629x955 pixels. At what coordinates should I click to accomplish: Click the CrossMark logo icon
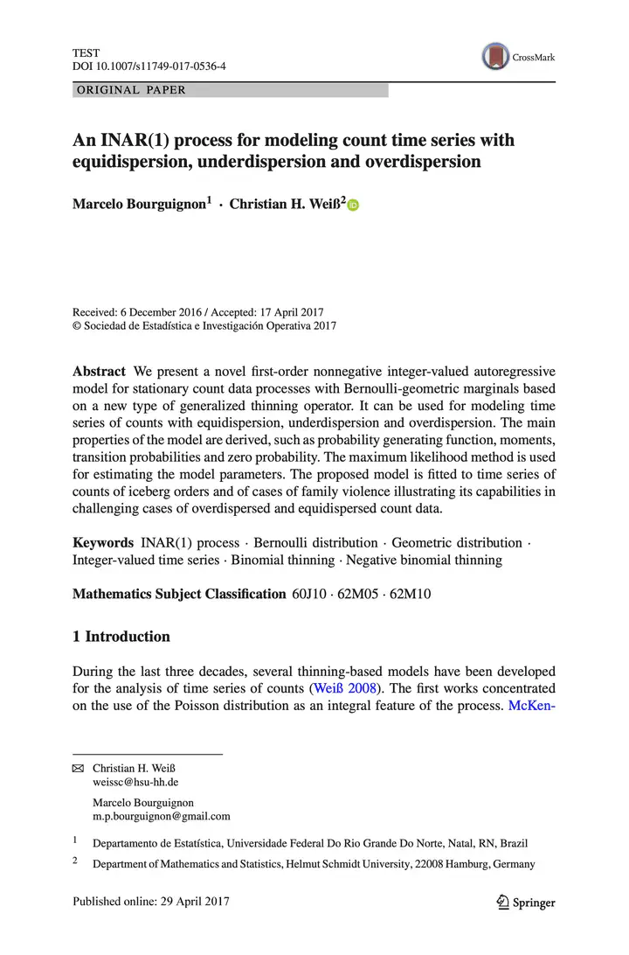click(x=496, y=57)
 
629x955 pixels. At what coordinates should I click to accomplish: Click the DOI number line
click(x=149, y=66)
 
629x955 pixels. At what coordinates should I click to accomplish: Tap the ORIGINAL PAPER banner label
click(x=132, y=90)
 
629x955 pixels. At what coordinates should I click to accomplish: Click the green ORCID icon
click(x=353, y=206)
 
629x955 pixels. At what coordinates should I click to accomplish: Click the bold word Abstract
click(x=99, y=371)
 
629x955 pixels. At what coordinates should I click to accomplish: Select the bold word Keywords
click(x=102, y=543)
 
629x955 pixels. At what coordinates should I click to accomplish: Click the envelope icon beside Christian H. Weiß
click(x=78, y=767)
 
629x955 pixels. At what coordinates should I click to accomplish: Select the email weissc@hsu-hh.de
click(x=135, y=782)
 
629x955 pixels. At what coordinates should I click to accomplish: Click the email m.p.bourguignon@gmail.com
click(x=161, y=816)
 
